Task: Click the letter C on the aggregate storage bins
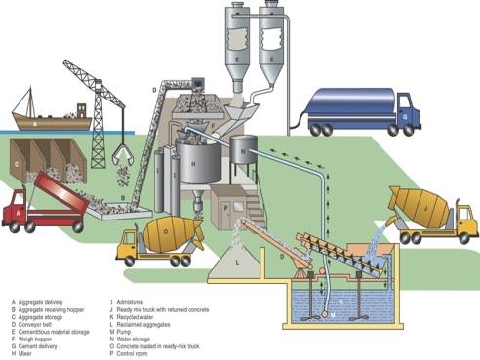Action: [17, 163]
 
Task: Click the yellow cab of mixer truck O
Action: [129, 243]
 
